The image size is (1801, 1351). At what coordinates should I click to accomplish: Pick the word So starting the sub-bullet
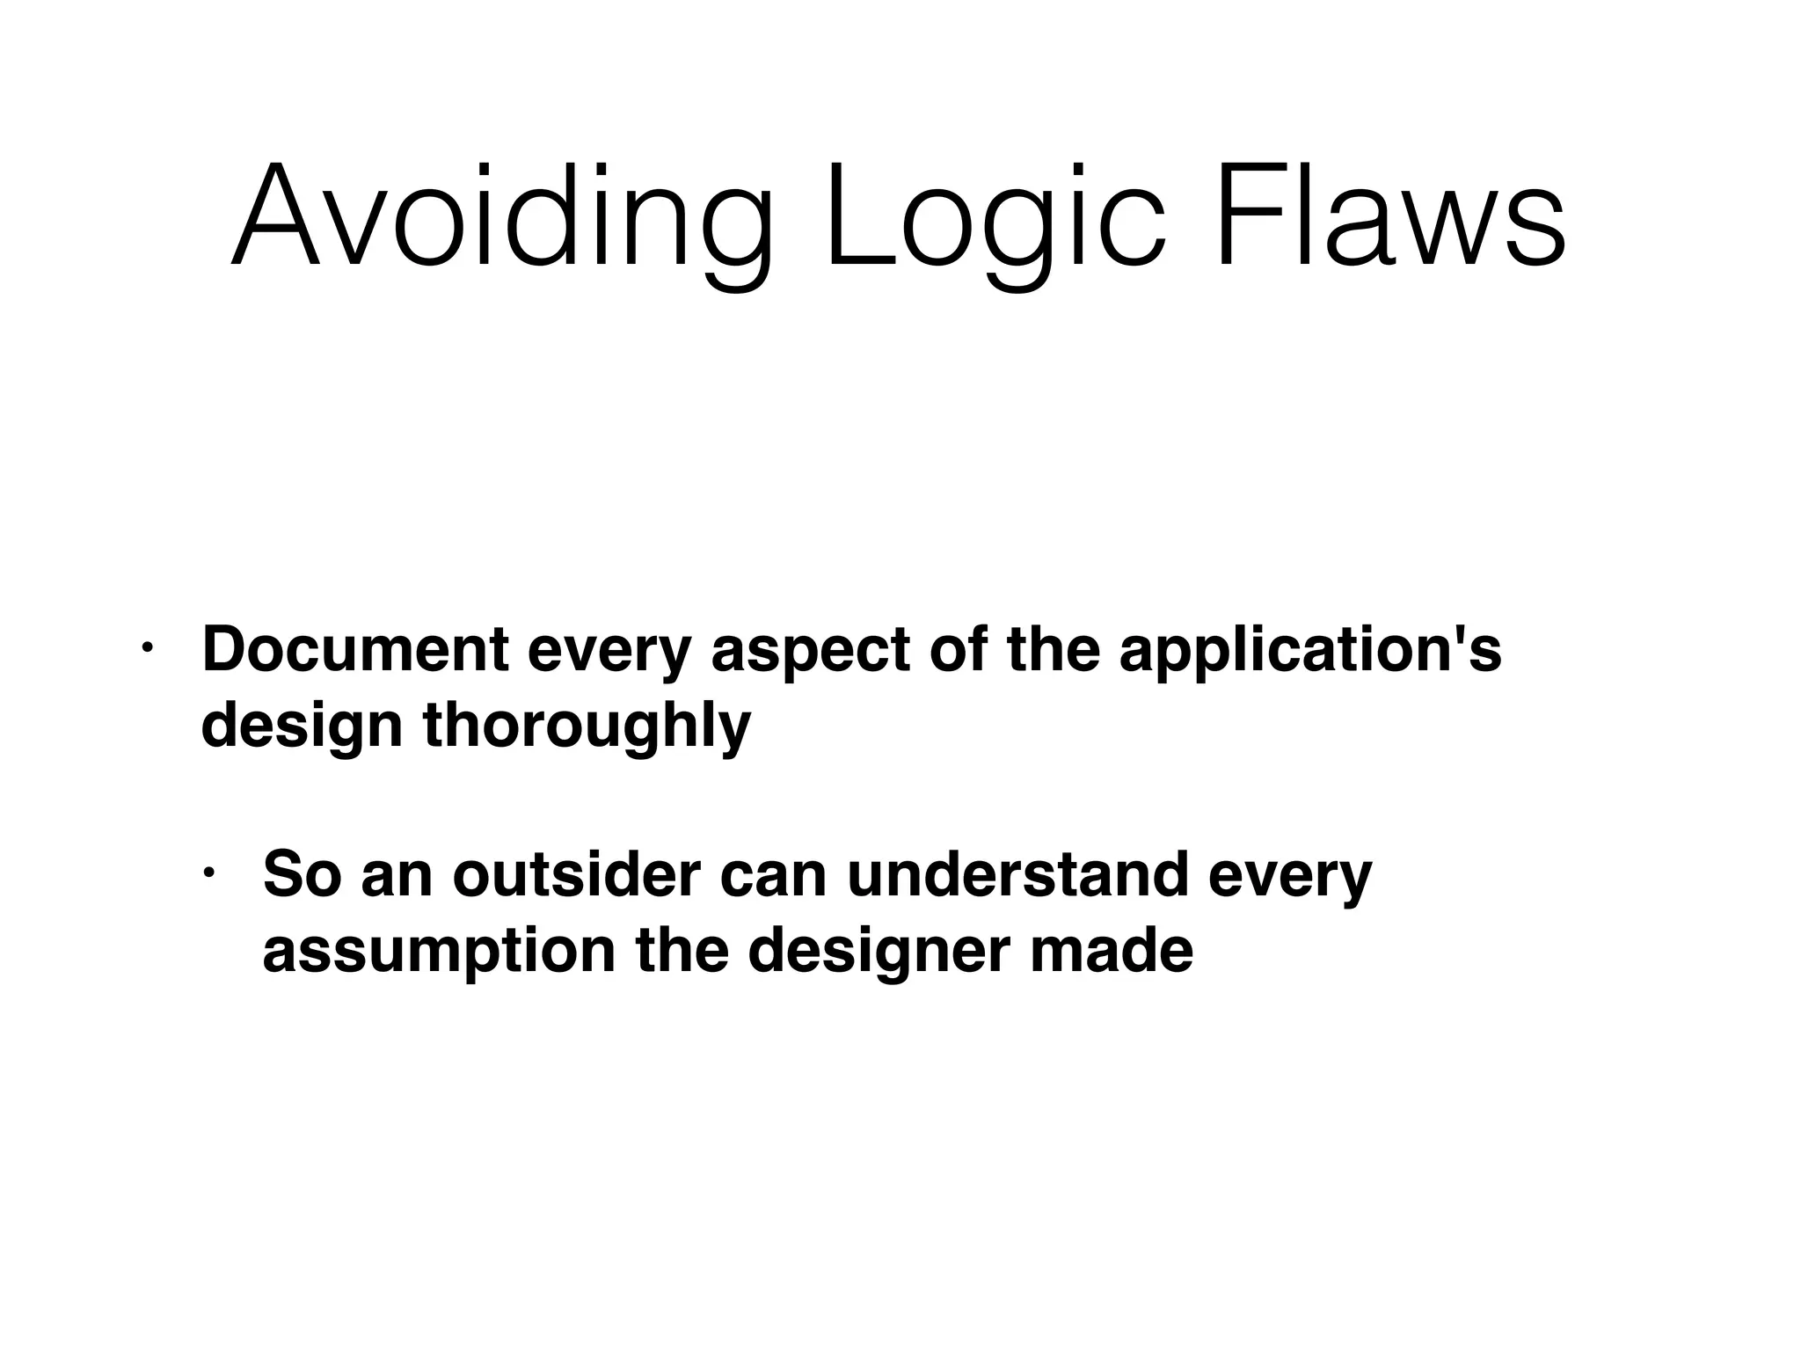pos(302,874)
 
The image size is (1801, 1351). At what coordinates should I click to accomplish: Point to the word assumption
pos(439,952)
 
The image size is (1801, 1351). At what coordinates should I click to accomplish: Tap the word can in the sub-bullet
pos(774,876)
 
